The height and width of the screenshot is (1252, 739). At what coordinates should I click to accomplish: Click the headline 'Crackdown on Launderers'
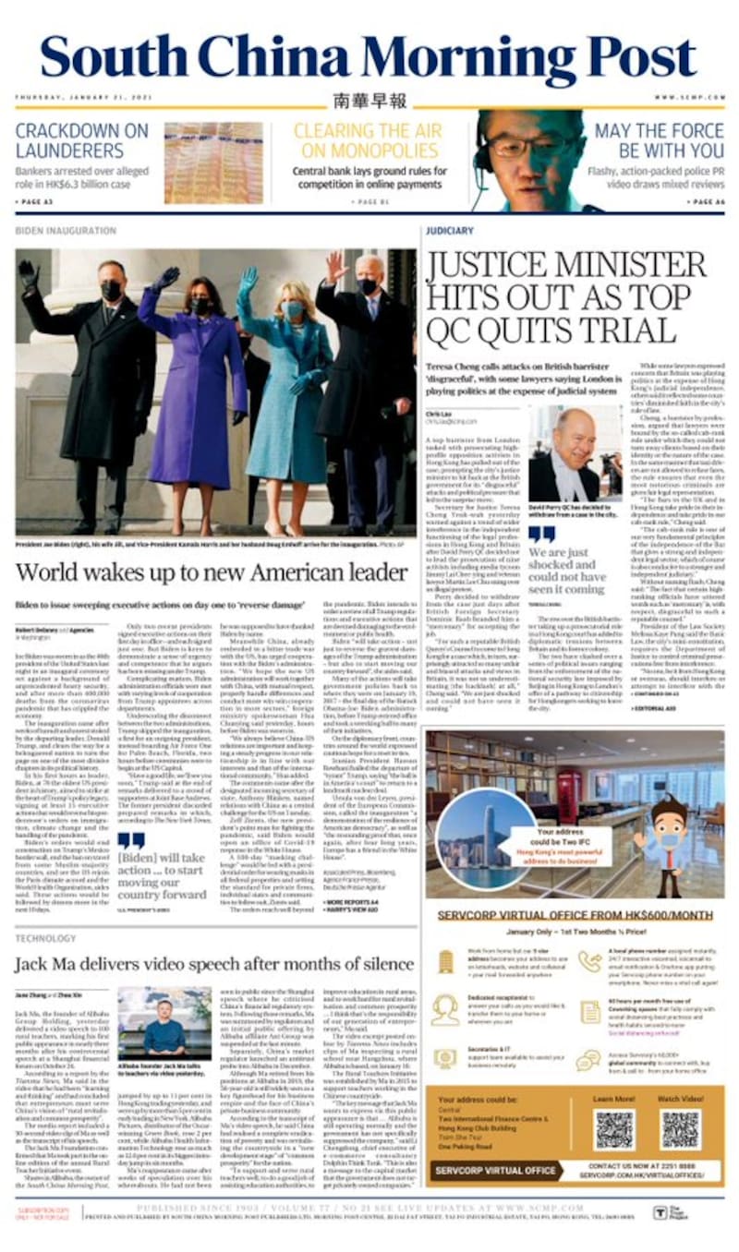click(x=81, y=140)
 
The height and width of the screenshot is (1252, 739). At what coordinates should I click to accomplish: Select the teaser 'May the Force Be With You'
click(x=659, y=140)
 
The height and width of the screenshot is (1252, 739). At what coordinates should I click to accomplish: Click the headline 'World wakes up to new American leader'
click(x=212, y=573)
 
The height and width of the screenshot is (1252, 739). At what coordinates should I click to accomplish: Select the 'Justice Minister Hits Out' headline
click(x=565, y=296)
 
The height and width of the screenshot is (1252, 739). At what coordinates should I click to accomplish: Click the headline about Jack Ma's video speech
click(x=214, y=965)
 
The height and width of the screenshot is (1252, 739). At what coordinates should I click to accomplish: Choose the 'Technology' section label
click(x=46, y=937)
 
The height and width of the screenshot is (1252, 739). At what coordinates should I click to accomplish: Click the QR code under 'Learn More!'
click(x=613, y=1129)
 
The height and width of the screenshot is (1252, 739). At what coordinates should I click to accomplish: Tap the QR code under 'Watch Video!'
click(x=680, y=1129)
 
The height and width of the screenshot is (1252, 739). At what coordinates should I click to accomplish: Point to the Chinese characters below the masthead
click(x=369, y=101)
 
